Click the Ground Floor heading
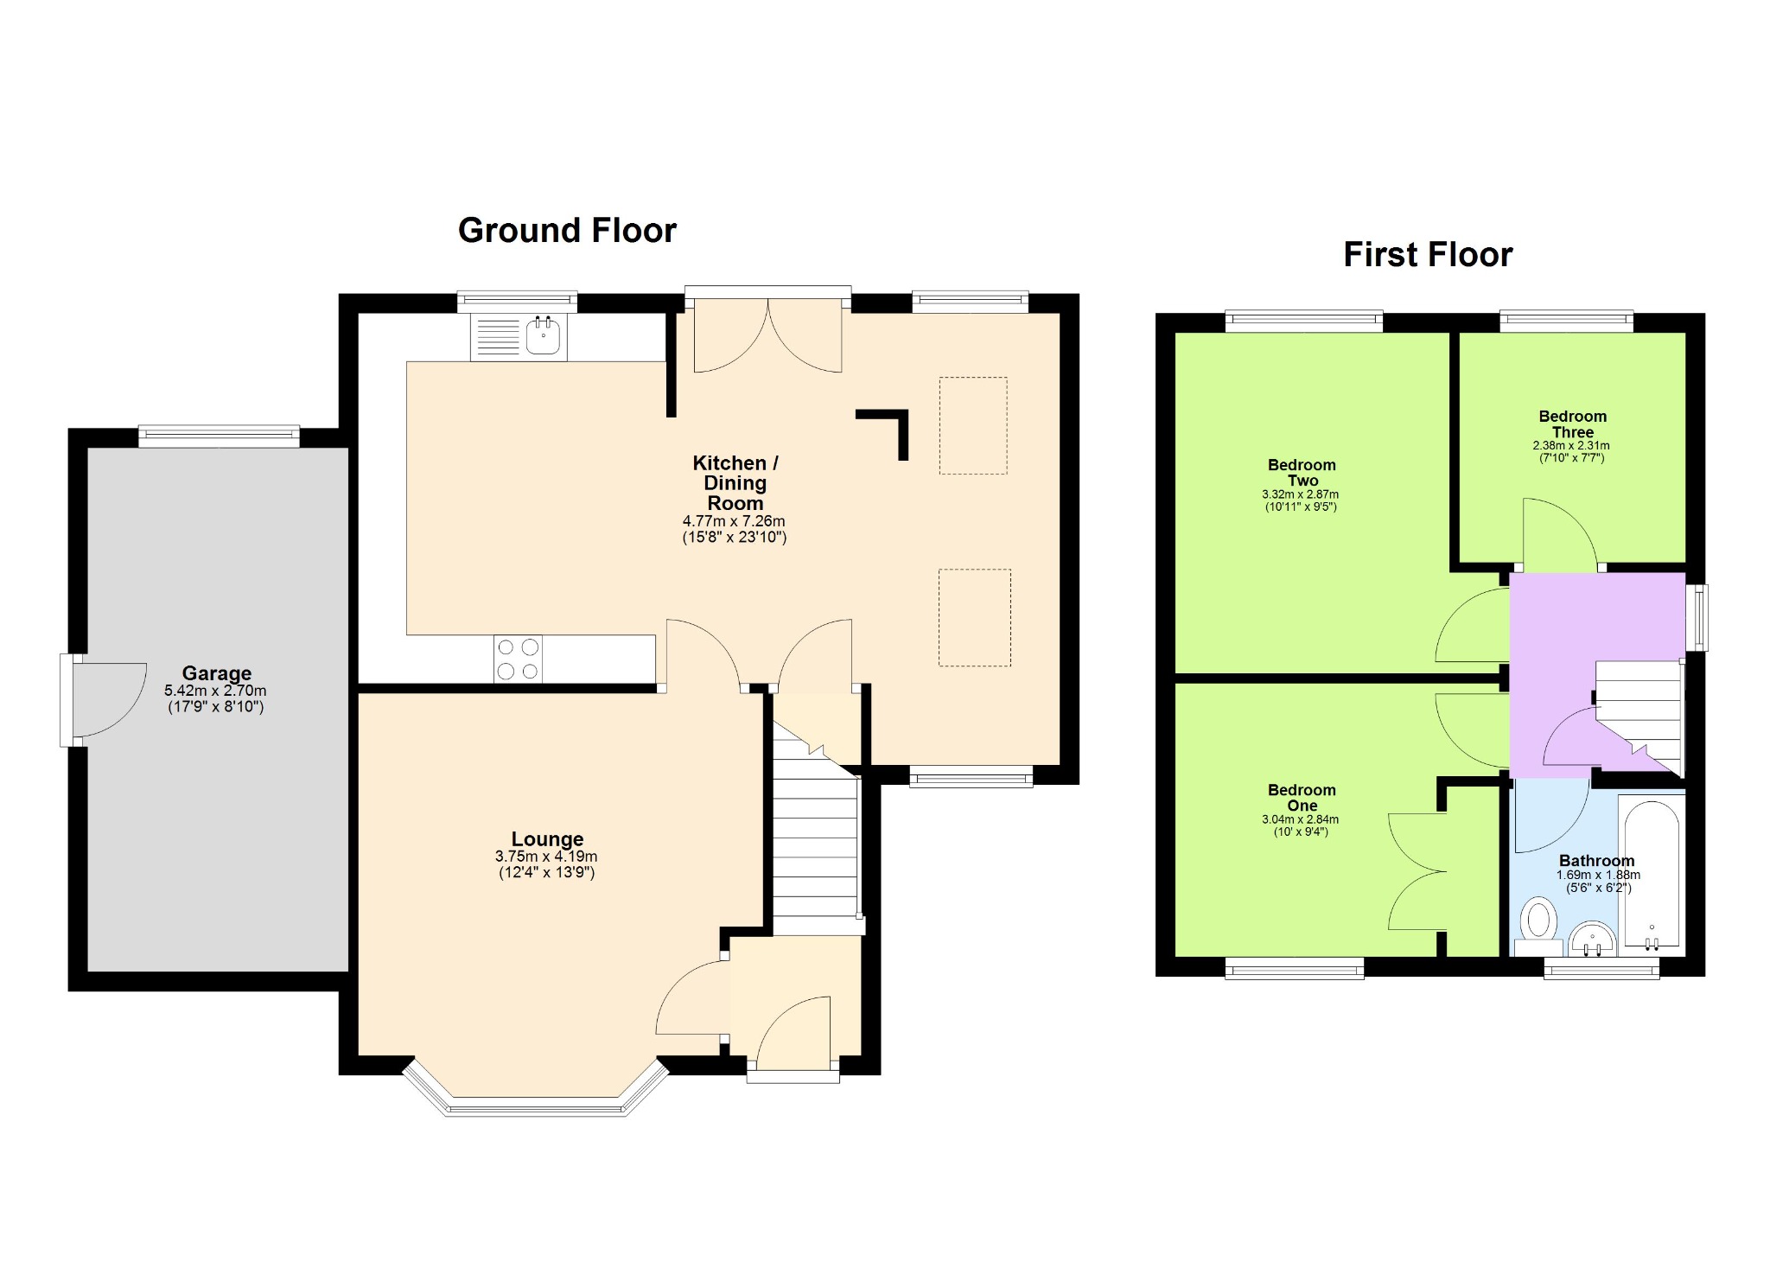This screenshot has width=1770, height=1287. click(x=567, y=231)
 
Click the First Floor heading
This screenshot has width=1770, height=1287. click(x=1428, y=255)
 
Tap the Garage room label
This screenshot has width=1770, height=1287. click(x=216, y=673)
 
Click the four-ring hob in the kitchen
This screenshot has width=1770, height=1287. click(x=519, y=659)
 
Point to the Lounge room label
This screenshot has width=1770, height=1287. click(x=547, y=839)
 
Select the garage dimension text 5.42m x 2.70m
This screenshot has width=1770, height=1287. click(x=215, y=691)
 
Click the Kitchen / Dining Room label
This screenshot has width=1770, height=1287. click(x=735, y=483)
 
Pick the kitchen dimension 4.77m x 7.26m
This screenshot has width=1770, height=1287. click(x=734, y=521)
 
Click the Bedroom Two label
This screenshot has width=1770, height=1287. click(x=1302, y=473)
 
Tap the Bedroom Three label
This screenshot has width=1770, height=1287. click(x=1572, y=424)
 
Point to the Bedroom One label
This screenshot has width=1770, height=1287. click(x=1302, y=798)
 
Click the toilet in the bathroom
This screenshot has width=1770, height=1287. click(x=1538, y=923)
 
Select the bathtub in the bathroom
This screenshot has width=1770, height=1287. click(x=1652, y=873)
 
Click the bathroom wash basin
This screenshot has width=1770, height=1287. click(x=1592, y=940)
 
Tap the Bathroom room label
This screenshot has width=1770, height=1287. click(x=1596, y=861)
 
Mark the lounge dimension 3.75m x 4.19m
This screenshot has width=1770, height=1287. click(x=546, y=857)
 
